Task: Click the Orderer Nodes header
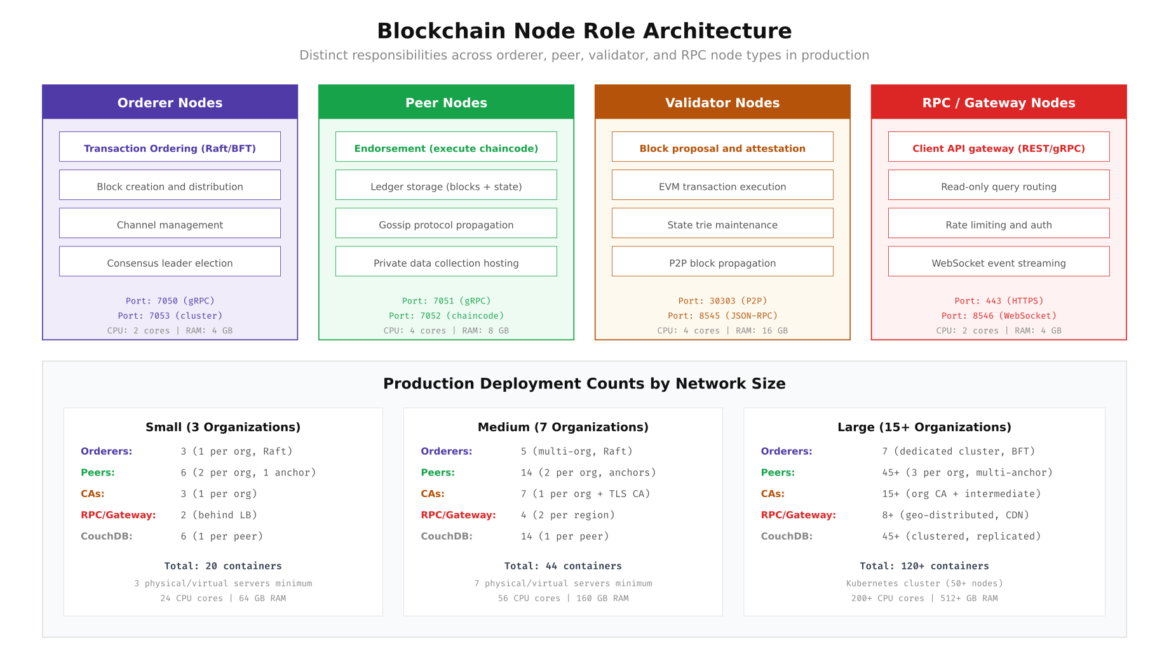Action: pos(170,102)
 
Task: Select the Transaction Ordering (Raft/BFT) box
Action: pos(170,147)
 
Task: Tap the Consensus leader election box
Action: pos(170,262)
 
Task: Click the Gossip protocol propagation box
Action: pos(446,223)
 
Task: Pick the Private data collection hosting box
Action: pos(446,262)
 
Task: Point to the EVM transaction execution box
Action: pos(722,185)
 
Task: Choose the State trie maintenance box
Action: pos(722,223)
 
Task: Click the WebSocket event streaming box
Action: pos(999,262)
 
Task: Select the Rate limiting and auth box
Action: pos(999,223)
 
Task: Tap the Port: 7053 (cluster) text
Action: pos(170,316)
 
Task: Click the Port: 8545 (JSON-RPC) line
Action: pos(722,316)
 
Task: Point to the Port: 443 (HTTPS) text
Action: pos(999,301)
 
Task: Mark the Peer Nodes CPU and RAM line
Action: pos(446,331)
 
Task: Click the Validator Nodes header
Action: pos(722,102)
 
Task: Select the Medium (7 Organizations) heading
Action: pos(563,427)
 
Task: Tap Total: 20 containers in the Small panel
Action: pos(223,566)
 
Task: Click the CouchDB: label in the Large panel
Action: pos(787,536)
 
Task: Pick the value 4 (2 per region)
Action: pos(567,515)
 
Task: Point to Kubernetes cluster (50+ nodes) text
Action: pos(924,583)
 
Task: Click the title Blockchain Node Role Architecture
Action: pos(584,31)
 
